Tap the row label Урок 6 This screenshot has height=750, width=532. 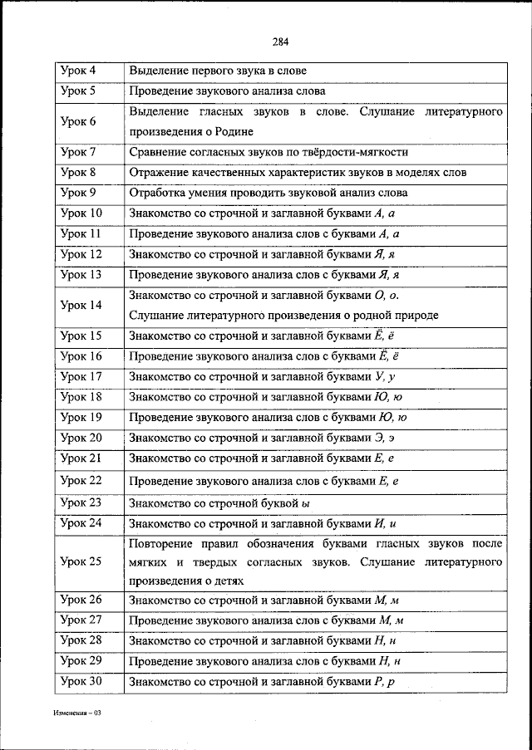(x=79, y=121)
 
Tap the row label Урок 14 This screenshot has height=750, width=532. (x=81, y=305)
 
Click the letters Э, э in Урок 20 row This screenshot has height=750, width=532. (x=388, y=438)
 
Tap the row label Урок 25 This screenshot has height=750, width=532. (x=81, y=561)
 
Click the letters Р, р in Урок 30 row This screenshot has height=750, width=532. (x=388, y=682)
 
